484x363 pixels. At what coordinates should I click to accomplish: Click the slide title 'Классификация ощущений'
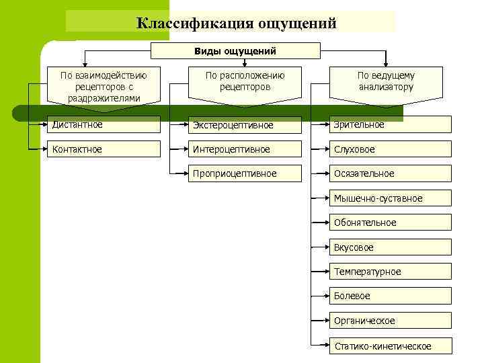pyautogui.click(x=236, y=23)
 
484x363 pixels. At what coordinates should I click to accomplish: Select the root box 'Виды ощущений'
pyautogui.click(x=235, y=51)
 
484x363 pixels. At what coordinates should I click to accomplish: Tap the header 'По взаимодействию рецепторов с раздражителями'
pyautogui.click(x=104, y=86)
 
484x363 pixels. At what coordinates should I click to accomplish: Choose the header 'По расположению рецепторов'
pyautogui.click(x=245, y=81)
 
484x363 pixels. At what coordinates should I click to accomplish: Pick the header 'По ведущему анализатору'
pyautogui.click(x=386, y=81)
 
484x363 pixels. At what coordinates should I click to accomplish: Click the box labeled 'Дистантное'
pyautogui.click(x=104, y=124)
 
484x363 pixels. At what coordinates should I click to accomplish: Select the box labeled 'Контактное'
pyautogui.click(x=104, y=149)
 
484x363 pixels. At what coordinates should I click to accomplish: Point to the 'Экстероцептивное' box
pyautogui.click(x=245, y=124)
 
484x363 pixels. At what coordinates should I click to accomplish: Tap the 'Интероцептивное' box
pyautogui.click(x=245, y=149)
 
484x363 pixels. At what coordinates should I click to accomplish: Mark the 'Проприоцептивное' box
pyautogui.click(x=245, y=173)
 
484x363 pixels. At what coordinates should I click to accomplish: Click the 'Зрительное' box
pyautogui.click(x=391, y=124)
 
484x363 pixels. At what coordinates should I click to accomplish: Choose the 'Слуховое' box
pyautogui.click(x=391, y=149)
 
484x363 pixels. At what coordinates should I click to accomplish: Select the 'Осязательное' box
pyautogui.click(x=391, y=173)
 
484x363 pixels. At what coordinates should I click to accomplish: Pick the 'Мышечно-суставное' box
pyautogui.click(x=391, y=198)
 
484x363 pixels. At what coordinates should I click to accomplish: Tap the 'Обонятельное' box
pyautogui.click(x=391, y=223)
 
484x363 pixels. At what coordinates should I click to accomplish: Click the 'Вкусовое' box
pyautogui.click(x=391, y=247)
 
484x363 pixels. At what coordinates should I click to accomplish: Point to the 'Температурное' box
pyautogui.click(x=391, y=272)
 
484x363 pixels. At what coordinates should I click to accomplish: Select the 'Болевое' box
pyautogui.click(x=391, y=296)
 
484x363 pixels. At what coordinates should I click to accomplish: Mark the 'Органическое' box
pyautogui.click(x=391, y=321)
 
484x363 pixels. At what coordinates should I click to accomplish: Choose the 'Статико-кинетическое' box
pyautogui.click(x=391, y=346)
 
